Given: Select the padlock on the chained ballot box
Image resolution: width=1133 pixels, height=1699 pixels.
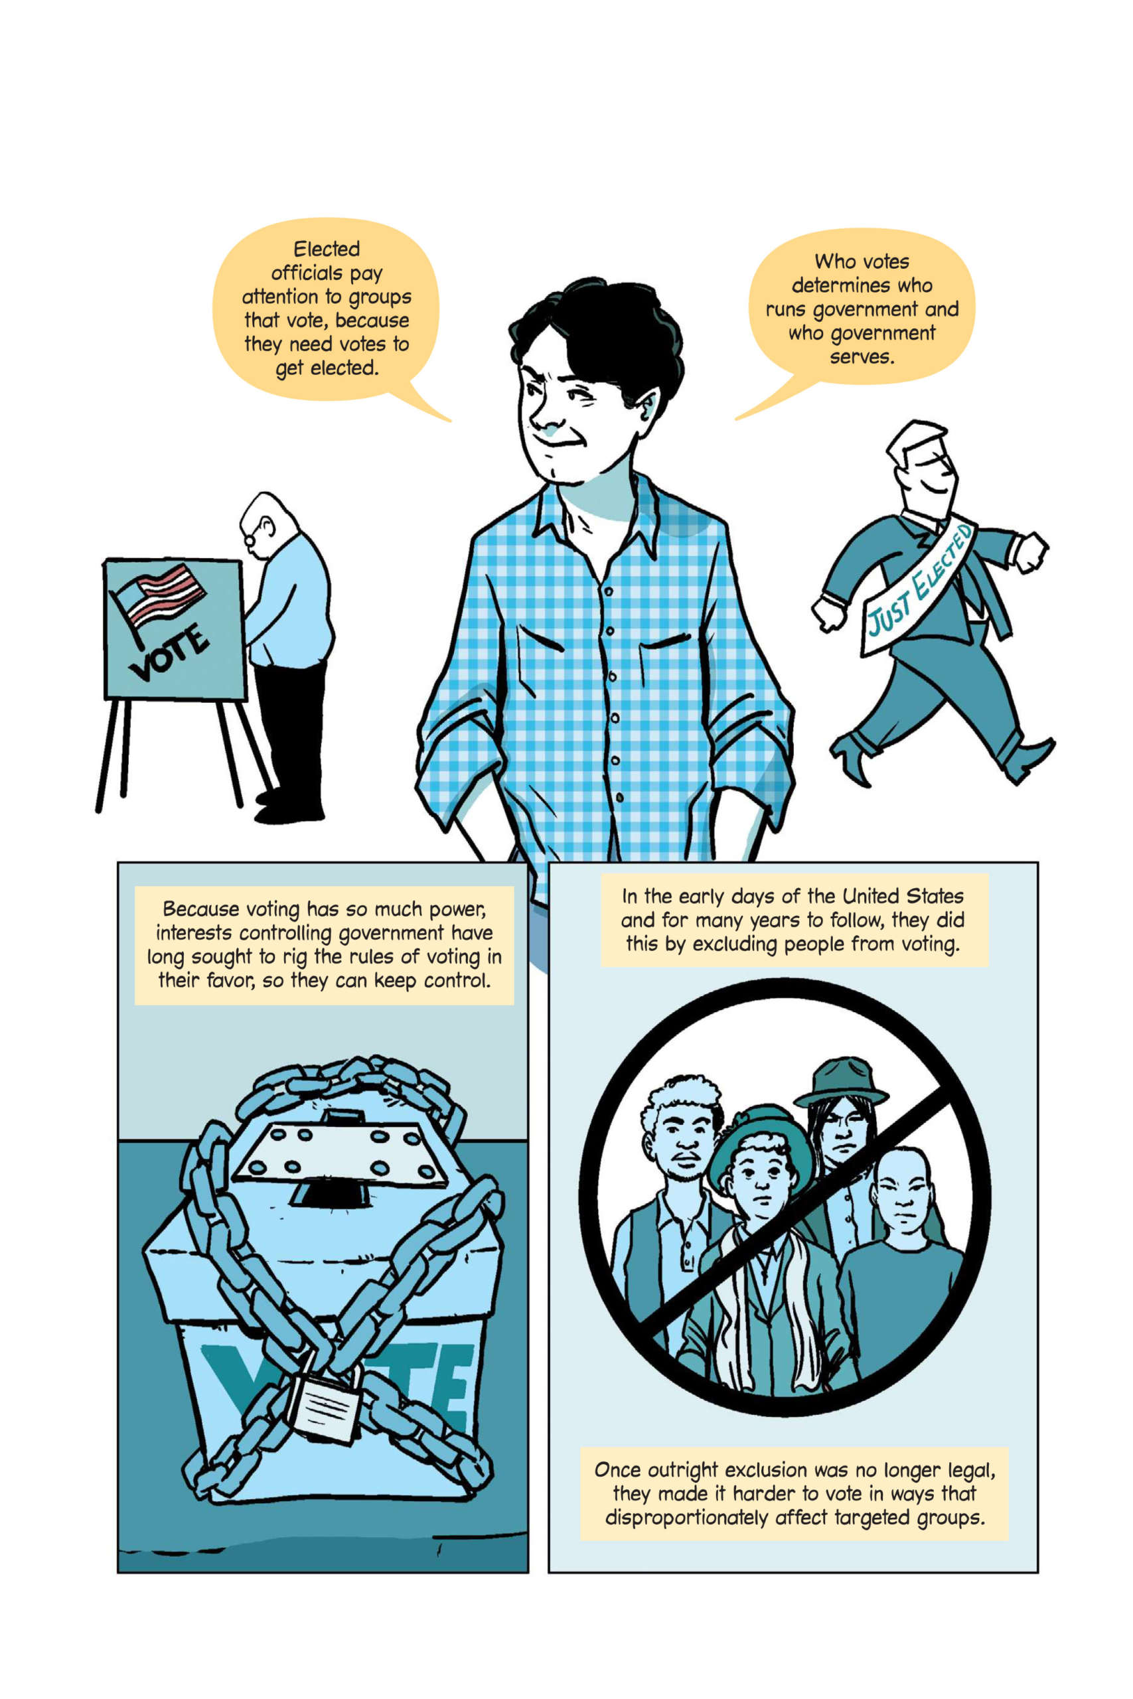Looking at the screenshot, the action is point(325,1404).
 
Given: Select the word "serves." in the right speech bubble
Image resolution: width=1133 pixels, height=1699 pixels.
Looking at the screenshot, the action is point(862,357).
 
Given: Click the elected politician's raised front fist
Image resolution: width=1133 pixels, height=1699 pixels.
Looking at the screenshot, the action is point(1030,553).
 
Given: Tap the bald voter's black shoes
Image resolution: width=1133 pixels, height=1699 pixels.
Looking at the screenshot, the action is point(289,808).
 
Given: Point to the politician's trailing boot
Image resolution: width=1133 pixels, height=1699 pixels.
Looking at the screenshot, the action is point(854,758).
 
